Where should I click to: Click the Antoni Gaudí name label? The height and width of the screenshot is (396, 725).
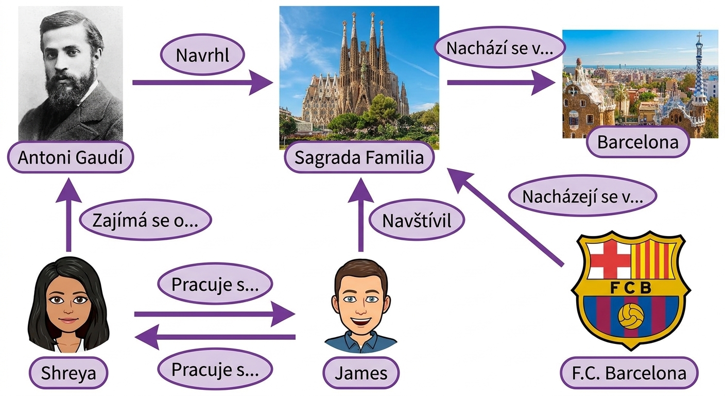click(x=71, y=157)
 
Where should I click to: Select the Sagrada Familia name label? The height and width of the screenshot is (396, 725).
click(x=359, y=157)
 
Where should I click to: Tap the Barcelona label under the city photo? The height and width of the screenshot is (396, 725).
click(x=637, y=142)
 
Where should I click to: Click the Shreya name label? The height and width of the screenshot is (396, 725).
click(x=68, y=373)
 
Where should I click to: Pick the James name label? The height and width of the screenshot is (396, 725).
click(x=361, y=373)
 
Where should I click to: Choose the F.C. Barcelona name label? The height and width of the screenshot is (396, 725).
click(x=629, y=373)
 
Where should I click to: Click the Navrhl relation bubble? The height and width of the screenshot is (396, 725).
click(x=202, y=55)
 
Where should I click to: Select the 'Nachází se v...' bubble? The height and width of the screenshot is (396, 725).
click(x=500, y=48)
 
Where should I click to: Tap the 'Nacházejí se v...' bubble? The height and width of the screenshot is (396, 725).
click(x=582, y=196)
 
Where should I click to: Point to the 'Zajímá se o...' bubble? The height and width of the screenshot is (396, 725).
click(x=145, y=220)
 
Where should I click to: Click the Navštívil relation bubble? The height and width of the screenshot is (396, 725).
click(x=417, y=220)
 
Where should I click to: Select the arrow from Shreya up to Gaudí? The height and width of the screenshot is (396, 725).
click(x=68, y=215)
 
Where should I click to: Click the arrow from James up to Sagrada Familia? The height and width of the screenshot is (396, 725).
click(x=360, y=215)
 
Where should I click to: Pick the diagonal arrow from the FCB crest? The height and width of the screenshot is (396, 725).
click(x=505, y=217)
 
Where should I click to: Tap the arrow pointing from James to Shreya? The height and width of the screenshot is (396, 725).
click(x=215, y=337)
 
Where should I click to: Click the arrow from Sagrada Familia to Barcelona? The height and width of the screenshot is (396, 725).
click(x=502, y=82)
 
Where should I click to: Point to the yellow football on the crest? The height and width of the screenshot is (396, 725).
click(x=631, y=316)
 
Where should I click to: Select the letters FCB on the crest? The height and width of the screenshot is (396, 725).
click(x=630, y=287)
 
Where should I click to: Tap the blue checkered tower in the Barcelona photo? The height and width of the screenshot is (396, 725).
click(x=699, y=75)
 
